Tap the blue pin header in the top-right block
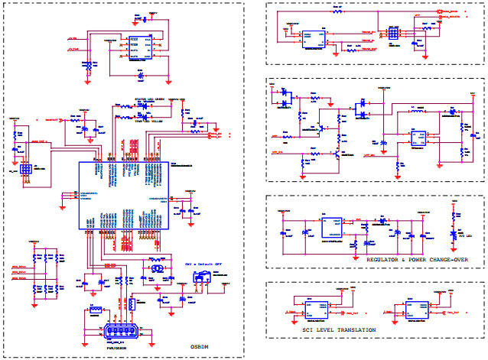[x=393, y=34]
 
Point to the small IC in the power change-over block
[x=418, y=138]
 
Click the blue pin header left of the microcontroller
[x=25, y=169]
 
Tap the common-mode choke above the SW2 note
[x=156, y=268]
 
